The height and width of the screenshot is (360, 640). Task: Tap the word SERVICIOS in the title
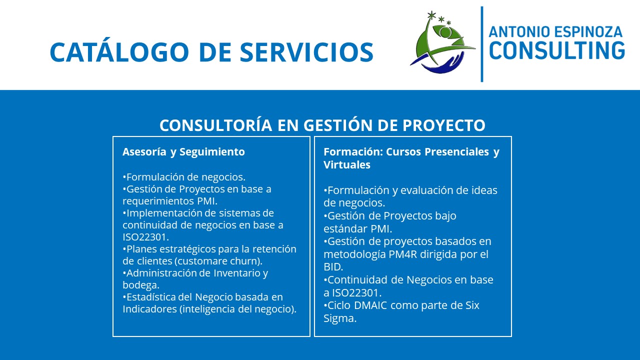(x=306, y=52)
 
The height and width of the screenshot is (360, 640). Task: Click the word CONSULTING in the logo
(x=557, y=50)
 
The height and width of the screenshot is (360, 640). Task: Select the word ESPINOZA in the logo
(x=587, y=31)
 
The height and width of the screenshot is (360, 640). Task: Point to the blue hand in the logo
(x=440, y=64)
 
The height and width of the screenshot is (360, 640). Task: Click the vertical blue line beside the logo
(x=482, y=44)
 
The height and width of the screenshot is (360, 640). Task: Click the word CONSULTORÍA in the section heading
(x=215, y=125)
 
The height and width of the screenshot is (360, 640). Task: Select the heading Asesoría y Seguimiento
(x=183, y=152)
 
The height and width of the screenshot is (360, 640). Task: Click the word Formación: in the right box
(x=353, y=151)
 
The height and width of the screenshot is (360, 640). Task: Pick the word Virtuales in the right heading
(x=347, y=165)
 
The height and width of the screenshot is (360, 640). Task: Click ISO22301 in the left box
(x=144, y=237)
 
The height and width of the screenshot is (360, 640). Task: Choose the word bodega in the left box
(x=139, y=285)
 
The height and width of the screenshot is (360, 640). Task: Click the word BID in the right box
(x=332, y=267)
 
